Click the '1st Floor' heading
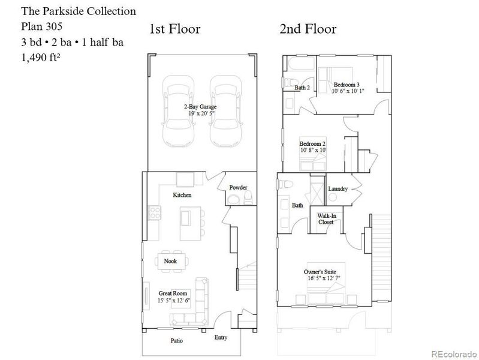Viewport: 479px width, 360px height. (174, 29)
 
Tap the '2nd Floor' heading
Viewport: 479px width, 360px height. (308, 29)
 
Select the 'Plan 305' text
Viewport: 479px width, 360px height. (41, 26)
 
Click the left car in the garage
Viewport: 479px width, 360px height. (178, 115)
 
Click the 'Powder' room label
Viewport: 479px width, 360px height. (238, 188)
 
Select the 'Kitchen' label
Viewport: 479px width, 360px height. (182, 196)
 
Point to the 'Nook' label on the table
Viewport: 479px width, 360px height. (170, 261)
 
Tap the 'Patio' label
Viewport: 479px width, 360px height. (176, 341)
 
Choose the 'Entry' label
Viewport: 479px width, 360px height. (221, 337)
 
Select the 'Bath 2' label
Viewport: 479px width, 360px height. (302, 88)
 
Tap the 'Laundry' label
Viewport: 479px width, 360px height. (338, 189)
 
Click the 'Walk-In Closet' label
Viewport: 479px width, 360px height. (326, 218)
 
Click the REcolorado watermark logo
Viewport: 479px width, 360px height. (453, 352)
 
